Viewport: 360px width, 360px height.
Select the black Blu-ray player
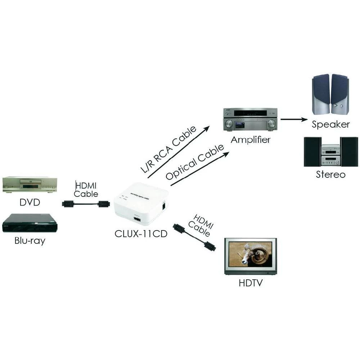(x=30, y=223)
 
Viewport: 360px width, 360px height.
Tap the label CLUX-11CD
(x=141, y=234)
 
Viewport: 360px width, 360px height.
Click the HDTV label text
(x=251, y=283)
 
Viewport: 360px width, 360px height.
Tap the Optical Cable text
(x=195, y=163)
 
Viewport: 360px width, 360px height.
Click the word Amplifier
(x=251, y=140)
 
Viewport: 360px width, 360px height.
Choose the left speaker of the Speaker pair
(x=321, y=94)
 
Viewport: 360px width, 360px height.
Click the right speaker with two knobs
(x=339, y=94)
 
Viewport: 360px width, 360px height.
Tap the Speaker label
(x=330, y=125)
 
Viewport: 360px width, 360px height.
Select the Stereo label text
(x=330, y=175)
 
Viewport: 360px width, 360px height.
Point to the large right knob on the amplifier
(x=271, y=124)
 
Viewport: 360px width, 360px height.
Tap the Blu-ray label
(x=30, y=240)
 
